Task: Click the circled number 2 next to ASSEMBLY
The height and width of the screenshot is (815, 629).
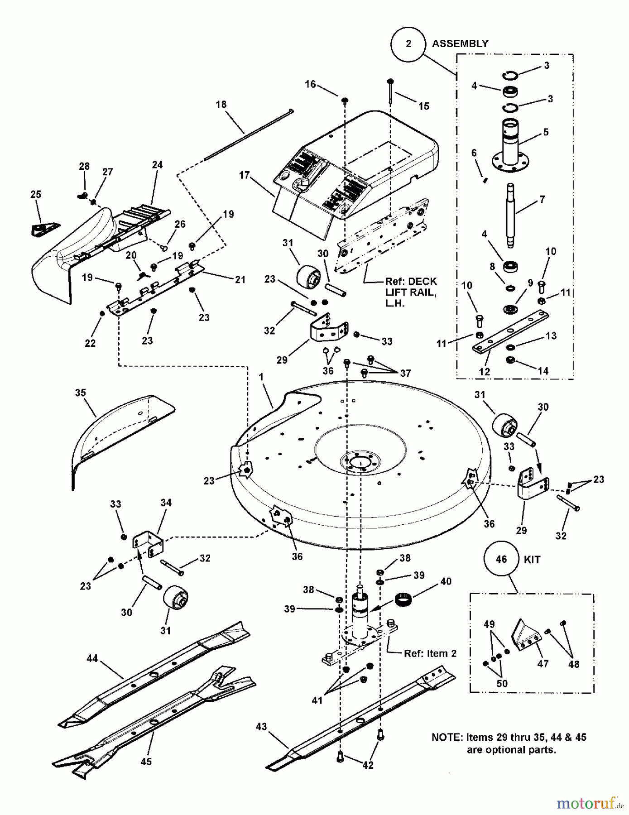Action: point(408,43)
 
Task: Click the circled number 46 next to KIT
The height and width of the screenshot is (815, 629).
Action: point(501,559)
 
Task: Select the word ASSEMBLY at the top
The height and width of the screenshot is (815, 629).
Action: point(460,43)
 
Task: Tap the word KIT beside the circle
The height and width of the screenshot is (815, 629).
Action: point(532,560)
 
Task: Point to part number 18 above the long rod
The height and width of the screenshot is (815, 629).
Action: point(221,105)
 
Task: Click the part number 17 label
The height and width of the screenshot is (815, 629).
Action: point(245,175)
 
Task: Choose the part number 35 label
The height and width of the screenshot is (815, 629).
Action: point(81,393)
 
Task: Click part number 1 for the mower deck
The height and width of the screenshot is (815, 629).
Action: point(261,377)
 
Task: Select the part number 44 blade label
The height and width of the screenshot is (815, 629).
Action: point(92,658)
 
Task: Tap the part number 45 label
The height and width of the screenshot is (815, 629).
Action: point(146,762)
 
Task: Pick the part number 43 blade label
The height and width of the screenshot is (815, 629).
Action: point(261,727)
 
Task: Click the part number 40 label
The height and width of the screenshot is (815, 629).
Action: point(446,581)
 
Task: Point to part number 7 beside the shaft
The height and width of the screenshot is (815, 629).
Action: point(542,199)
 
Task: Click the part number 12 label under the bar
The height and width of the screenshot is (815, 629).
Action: point(485,372)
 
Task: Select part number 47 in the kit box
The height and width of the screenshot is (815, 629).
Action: point(543,664)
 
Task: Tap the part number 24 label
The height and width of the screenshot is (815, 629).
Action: point(157,165)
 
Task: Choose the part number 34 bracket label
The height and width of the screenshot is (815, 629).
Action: point(166,503)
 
